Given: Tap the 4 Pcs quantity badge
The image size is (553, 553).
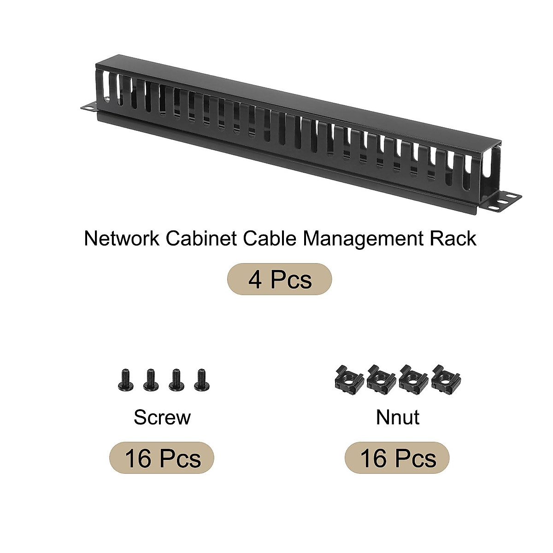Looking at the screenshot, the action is tap(280, 279).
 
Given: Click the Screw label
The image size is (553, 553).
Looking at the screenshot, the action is tap(162, 418).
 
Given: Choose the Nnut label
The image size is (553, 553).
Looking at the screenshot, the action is tap(397, 418).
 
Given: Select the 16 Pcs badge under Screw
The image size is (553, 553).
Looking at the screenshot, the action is tap(162, 459).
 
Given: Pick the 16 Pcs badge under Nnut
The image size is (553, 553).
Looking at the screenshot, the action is tap(397, 459).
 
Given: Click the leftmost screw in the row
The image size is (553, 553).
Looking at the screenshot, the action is tap(124, 380).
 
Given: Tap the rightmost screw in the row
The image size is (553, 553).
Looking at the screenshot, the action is tap(200, 380).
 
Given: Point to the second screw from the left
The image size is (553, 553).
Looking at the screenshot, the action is tap(149, 380).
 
